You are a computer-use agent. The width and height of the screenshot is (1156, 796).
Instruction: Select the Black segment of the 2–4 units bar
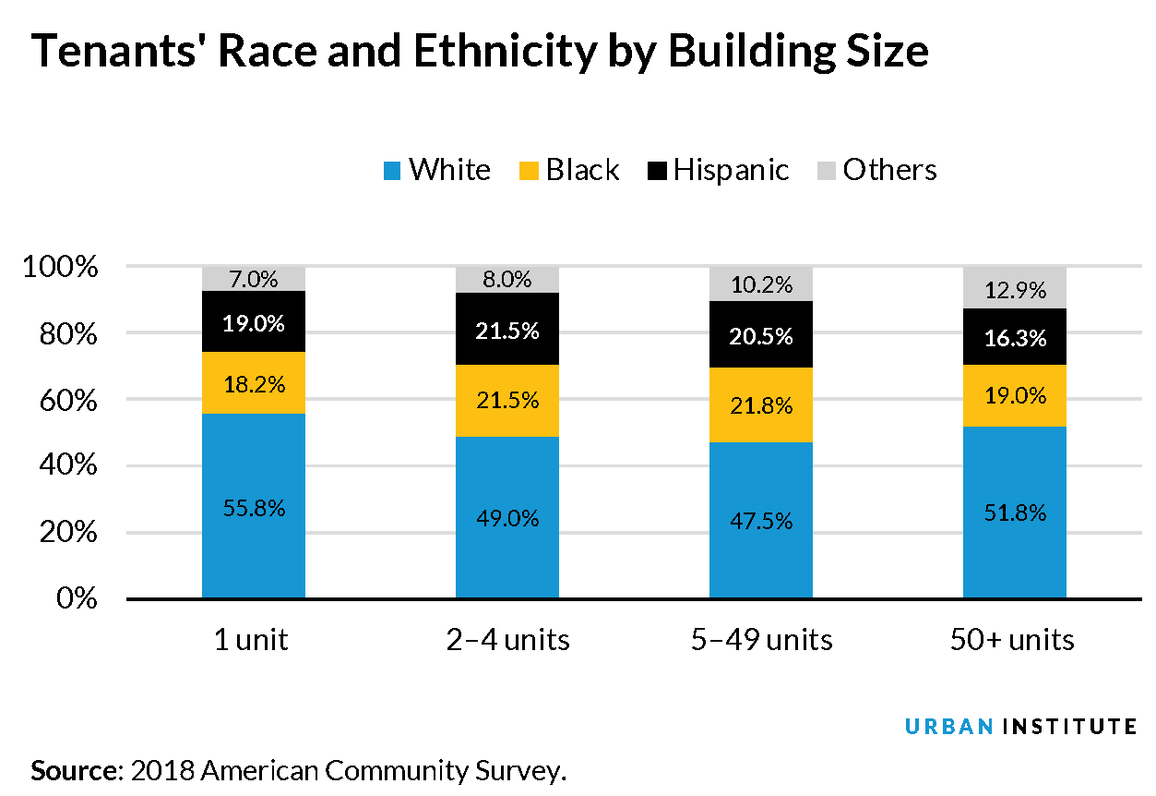506,401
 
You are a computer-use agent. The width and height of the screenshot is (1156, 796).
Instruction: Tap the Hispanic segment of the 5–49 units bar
760,334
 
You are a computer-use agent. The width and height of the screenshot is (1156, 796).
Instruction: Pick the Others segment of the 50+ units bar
1014,288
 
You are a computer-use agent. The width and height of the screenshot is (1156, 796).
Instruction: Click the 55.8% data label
253,508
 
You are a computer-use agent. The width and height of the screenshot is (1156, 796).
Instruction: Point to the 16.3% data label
1014,338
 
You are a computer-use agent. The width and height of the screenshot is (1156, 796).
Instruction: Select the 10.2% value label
760,284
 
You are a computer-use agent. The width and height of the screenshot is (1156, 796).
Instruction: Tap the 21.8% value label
760,404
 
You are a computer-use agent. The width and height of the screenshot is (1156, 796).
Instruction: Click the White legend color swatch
391,171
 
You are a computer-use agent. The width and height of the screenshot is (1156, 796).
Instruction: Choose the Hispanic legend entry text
731,170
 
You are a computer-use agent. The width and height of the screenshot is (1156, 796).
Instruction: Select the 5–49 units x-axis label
760,640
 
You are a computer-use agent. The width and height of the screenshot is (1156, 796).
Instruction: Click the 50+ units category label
1013,640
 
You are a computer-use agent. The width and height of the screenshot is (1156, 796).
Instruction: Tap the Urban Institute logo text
1020,727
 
